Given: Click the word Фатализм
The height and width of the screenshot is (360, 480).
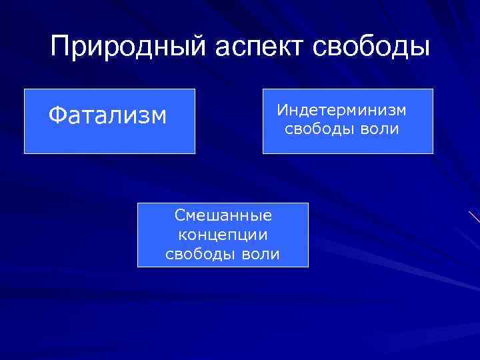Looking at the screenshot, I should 107,116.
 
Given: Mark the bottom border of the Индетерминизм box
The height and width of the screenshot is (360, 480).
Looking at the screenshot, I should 347,153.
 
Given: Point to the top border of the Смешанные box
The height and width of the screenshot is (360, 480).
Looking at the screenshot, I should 223,203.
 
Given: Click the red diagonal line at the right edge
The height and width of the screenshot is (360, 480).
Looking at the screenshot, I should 474,216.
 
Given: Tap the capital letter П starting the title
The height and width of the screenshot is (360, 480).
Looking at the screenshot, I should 60,48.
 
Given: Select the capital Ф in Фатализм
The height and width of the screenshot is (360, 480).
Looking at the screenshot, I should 56,116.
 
